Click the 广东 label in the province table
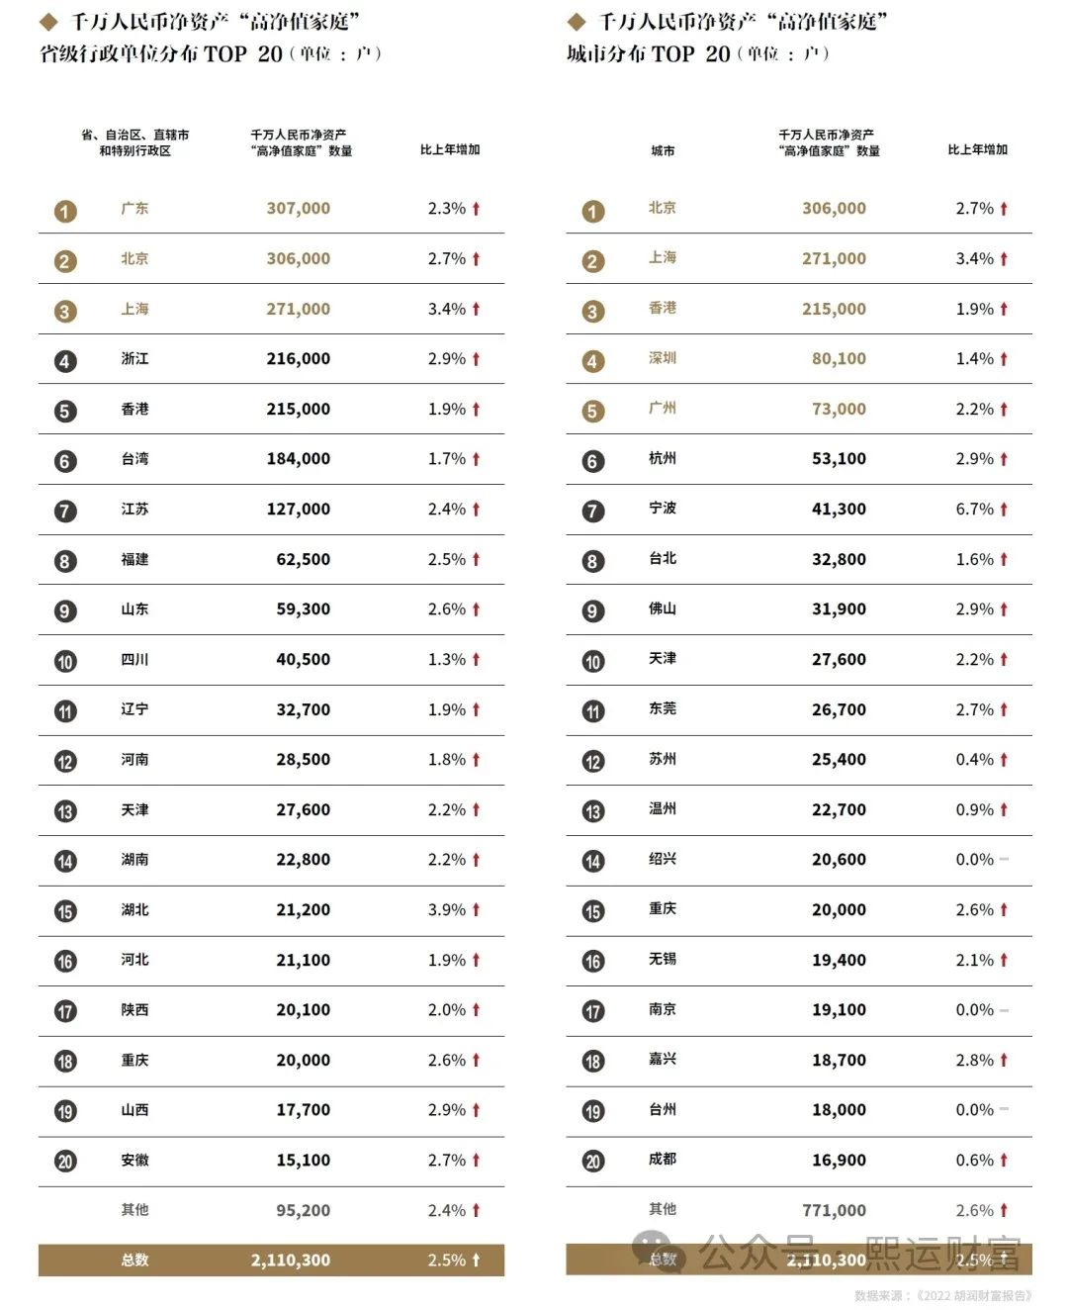tap(134, 209)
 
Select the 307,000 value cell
tap(298, 209)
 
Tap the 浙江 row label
tap(134, 359)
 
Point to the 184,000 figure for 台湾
tap(298, 459)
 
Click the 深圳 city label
tap(663, 358)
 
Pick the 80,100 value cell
tap(839, 359)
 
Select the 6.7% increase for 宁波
tap(975, 510)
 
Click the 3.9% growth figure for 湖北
tap(447, 910)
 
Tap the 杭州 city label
tap(663, 458)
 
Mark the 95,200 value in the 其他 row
tap(303, 1210)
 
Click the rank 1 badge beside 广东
tap(65, 211)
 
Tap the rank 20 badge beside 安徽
tap(65, 1161)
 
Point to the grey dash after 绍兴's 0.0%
tap(1004, 860)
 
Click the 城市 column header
tap(663, 150)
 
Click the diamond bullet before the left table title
tap(48, 22)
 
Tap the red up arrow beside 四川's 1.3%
tap(476, 659)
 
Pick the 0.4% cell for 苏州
tap(975, 760)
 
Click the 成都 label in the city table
tap(663, 1160)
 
